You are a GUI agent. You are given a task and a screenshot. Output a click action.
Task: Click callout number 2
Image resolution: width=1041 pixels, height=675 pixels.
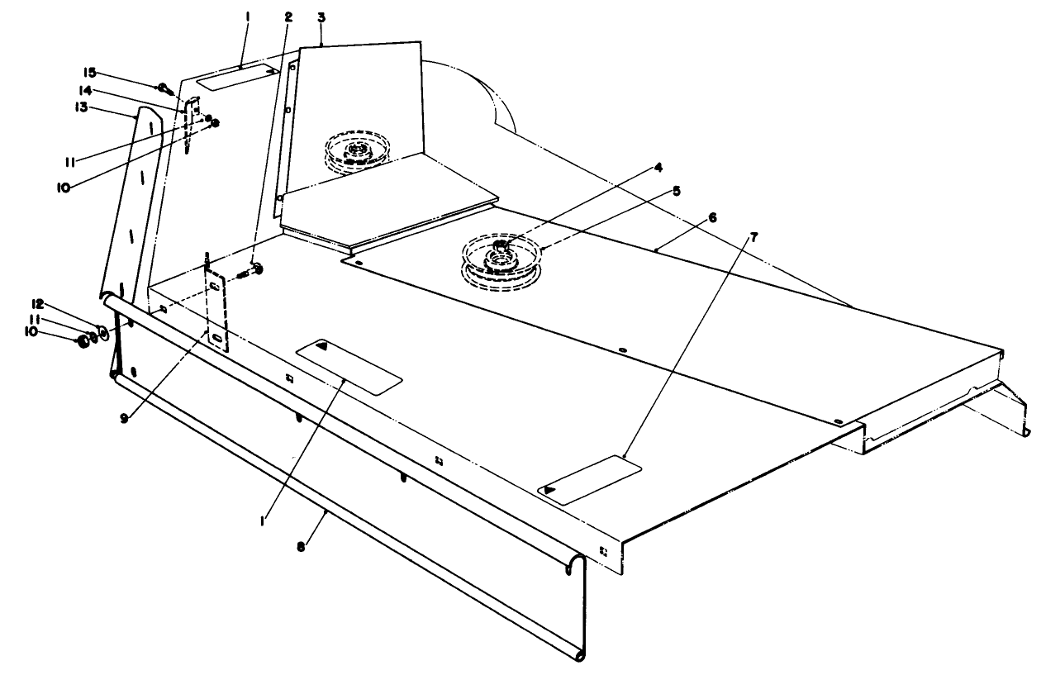(x=289, y=16)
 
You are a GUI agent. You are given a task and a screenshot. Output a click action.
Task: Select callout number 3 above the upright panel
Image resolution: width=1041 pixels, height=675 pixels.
(x=321, y=16)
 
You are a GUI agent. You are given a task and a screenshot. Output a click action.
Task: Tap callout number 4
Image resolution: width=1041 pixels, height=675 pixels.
(x=658, y=166)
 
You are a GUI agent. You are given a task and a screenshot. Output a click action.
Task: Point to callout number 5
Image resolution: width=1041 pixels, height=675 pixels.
(x=676, y=191)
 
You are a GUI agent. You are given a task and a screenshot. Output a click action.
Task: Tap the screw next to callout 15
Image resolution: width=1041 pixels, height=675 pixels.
(x=164, y=87)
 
